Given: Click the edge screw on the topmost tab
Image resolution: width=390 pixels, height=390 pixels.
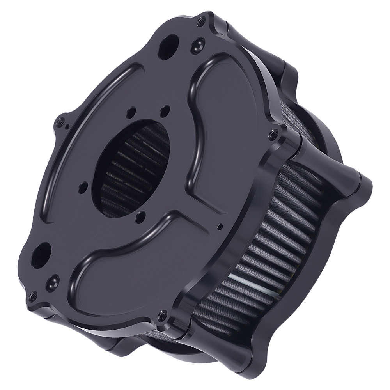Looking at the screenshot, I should coord(201,22).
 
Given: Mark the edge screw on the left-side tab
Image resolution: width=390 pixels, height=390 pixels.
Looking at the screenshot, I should coord(60,121).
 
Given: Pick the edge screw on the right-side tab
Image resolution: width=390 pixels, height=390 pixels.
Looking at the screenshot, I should coord(273,135).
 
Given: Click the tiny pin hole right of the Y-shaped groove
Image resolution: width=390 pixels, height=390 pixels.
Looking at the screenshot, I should coord(221,226).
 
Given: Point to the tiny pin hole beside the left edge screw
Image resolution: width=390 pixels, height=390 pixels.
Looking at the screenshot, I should coord(67,126).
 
